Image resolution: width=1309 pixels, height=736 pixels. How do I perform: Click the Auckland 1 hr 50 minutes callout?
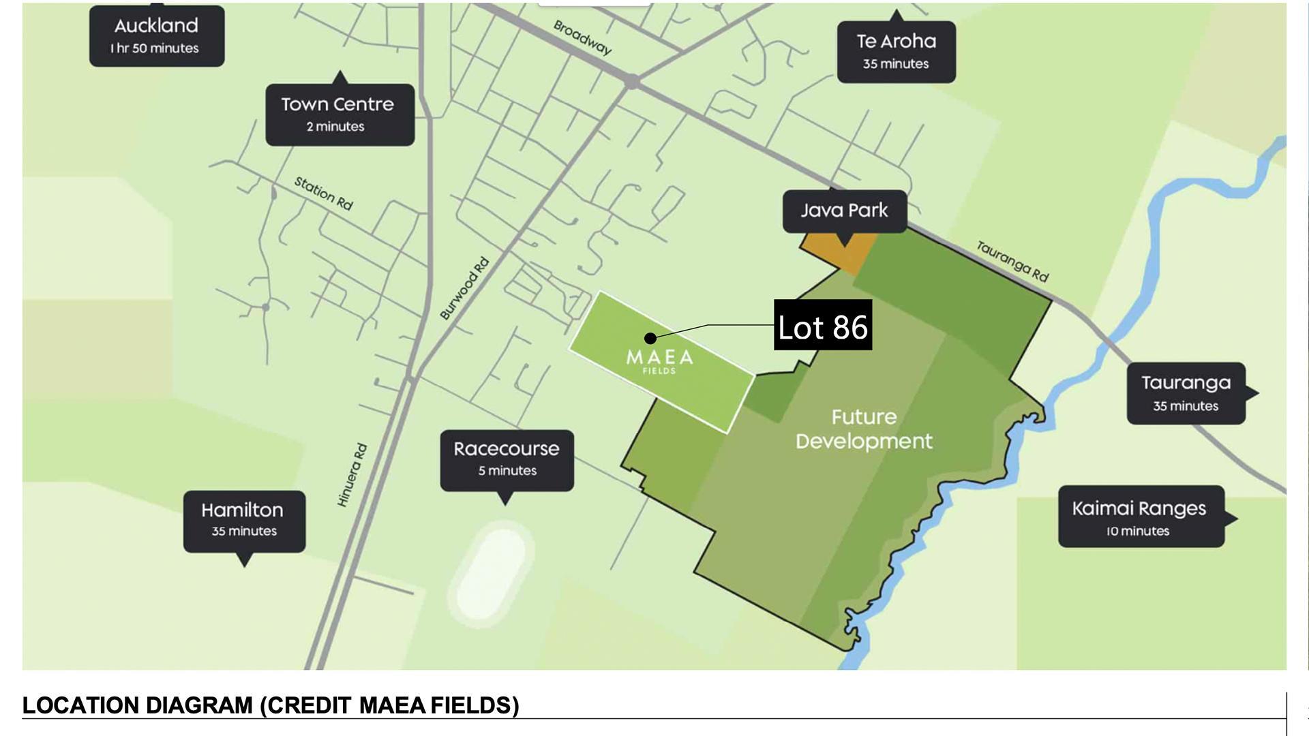point(156,36)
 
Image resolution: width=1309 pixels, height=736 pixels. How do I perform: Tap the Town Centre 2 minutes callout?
point(339,114)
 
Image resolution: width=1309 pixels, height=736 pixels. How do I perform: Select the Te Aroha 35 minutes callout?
point(896,52)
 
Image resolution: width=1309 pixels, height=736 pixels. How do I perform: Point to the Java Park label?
point(844,211)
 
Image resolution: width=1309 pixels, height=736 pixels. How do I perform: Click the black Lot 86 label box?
point(822,325)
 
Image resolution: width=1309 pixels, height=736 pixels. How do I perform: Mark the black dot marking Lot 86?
point(650,338)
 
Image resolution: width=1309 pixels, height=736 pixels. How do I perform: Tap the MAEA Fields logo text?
point(659,360)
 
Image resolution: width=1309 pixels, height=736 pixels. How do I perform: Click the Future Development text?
point(864,429)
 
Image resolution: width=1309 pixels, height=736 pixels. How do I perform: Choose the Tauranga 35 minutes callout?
point(1186,393)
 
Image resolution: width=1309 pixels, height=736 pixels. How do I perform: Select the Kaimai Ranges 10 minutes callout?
point(1140,517)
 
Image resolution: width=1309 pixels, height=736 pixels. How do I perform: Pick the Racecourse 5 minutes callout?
point(507,459)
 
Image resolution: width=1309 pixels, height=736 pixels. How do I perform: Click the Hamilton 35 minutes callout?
point(243,520)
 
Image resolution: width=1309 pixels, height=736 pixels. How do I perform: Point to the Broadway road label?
point(582,37)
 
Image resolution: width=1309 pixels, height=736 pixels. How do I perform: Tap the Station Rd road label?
point(323,193)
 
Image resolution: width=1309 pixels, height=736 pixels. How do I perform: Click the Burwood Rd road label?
point(464,288)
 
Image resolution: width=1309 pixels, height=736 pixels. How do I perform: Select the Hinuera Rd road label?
point(352,474)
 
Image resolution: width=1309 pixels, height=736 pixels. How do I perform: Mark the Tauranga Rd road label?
point(1012,261)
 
